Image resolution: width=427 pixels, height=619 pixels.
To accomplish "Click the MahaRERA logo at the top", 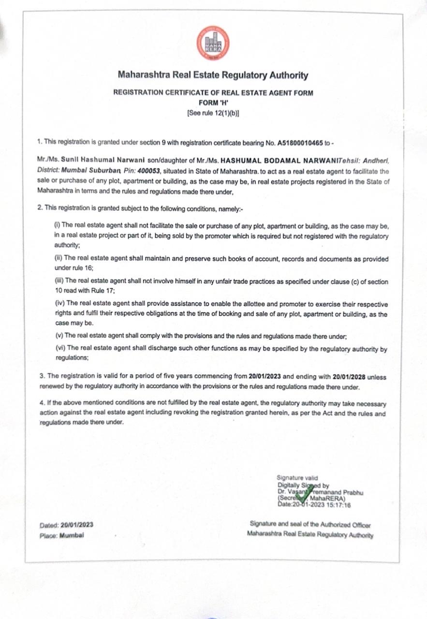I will (x=213, y=43).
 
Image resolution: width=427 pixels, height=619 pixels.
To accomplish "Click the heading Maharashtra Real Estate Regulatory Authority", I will (x=213, y=75).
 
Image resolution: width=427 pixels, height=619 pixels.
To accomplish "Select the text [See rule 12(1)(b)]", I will (x=213, y=113).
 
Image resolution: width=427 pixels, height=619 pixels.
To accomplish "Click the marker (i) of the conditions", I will (x=57, y=226).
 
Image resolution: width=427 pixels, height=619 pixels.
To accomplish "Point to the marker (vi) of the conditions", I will (x=59, y=348).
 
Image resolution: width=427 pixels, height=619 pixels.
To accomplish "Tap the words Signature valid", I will (x=297, y=478).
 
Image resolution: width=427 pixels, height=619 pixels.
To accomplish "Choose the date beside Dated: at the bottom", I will (x=77, y=525).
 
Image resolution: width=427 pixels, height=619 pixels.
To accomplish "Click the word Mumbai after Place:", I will (x=72, y=536).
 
